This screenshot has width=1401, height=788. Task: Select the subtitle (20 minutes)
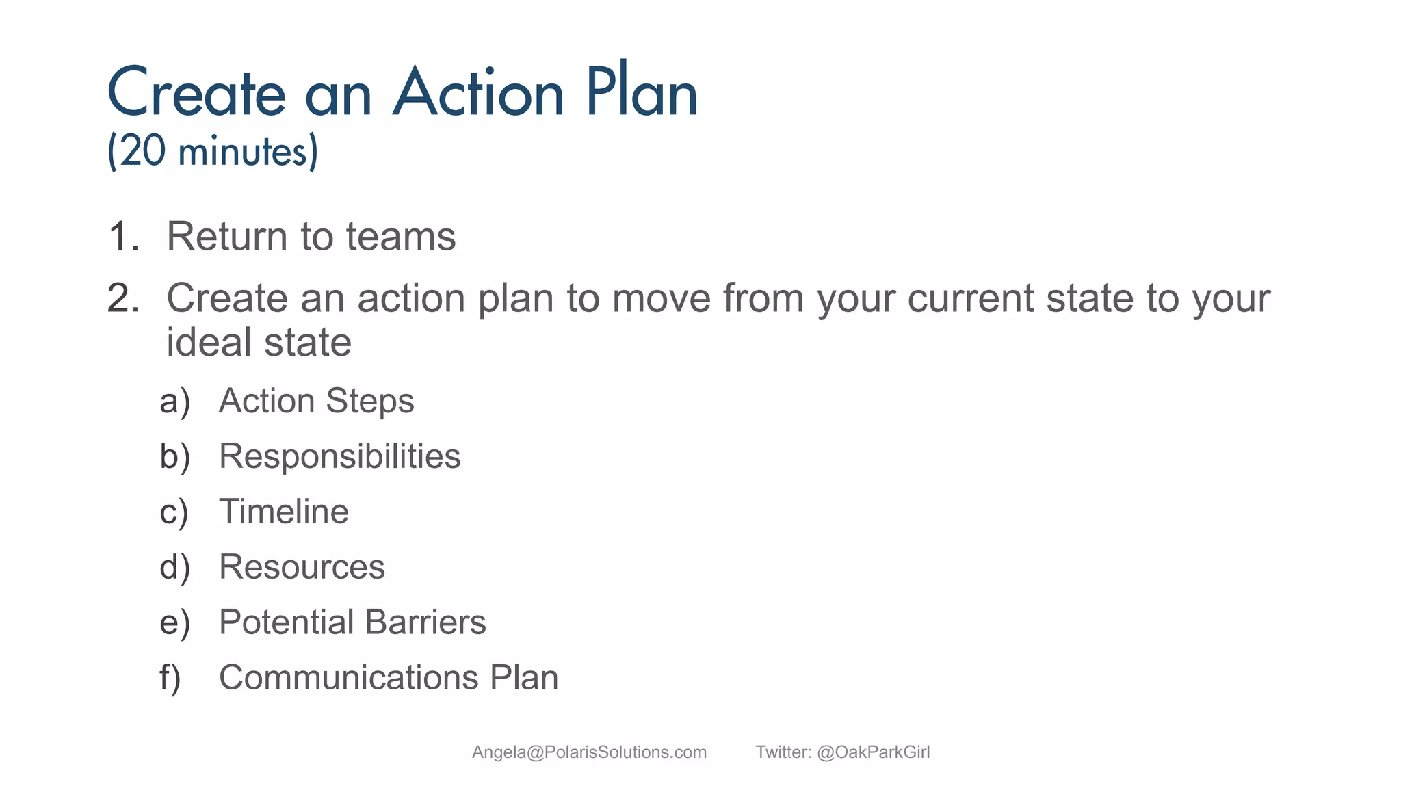(x=213, y=150)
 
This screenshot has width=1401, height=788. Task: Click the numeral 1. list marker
(x=124, y=237)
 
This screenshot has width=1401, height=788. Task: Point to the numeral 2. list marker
(x=124, y=298)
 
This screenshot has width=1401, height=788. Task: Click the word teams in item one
(x=400, y=237)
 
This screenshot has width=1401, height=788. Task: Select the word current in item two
(x=971, y=298)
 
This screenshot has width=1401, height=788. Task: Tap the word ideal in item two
(x=209, y=342)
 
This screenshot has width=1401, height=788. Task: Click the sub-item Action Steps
(x=316, y=401)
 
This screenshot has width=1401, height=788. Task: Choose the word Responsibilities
(x=339, y=456)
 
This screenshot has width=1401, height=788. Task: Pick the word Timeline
(x=283, y=512)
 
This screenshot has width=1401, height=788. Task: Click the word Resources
(x=302, y=567)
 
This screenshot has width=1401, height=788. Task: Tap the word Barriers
(x=425, y=622)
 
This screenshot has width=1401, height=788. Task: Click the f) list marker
(x=170, y=678)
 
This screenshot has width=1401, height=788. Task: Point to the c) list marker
(x=174, y=512)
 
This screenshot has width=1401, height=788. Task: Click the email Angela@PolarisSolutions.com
(x=589, y=752)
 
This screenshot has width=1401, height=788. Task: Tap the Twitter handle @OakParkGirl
(x=873, y=752)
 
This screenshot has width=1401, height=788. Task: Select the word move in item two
(x=661, y=298)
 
